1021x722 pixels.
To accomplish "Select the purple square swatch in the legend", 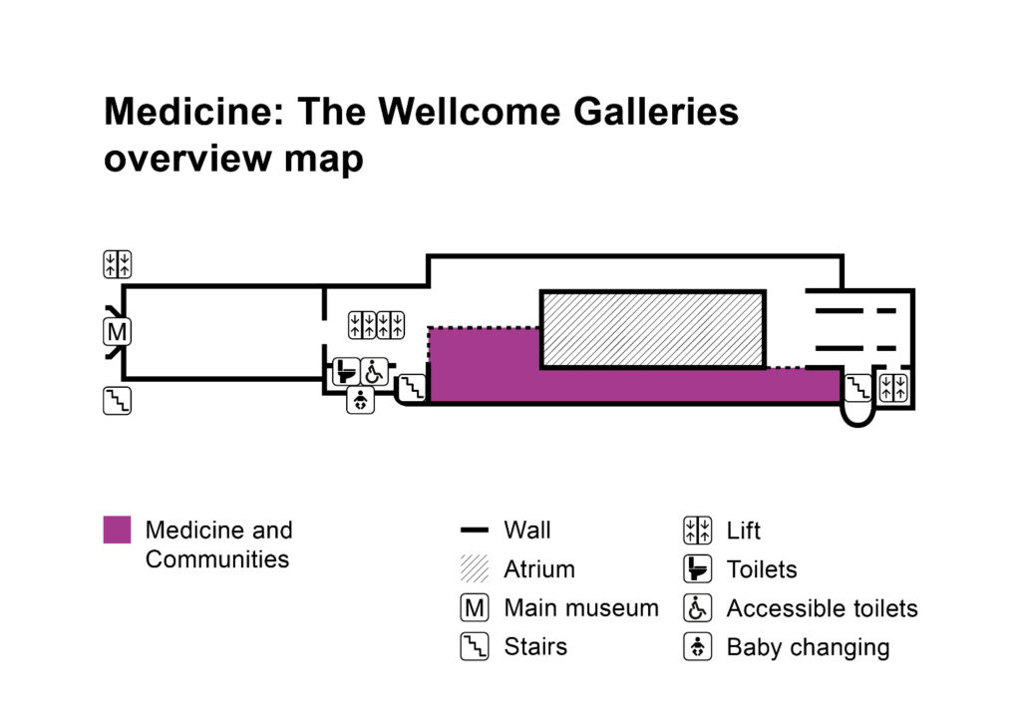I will pyautogui.click(x=117, y=531).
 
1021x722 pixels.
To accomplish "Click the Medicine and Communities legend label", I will pyautogui.click(x=218, y=544).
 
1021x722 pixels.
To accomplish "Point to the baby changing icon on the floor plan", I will pyautogui.click(x=360, y=400).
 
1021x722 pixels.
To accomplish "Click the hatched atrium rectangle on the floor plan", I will pyautogui.click(x=652, y=329).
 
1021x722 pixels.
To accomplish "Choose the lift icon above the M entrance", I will pyautogui.click(x=118, y=264).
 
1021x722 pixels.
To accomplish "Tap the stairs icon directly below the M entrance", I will pyautogui.click(x=118, y=401).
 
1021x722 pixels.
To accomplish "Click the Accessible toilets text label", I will pyautogui.click(x=822, y=608).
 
